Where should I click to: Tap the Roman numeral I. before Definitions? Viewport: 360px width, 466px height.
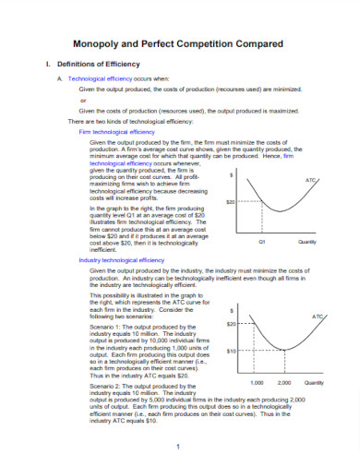click(x=35, y=65)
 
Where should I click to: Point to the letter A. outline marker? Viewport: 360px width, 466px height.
click(x=59, y=80)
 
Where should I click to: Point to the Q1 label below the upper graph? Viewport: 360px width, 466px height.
click(x=262, y=241)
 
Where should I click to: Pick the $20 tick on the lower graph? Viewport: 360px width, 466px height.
click(x=232, y=324)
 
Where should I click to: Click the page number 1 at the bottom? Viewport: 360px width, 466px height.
click(x=176, y=447)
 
